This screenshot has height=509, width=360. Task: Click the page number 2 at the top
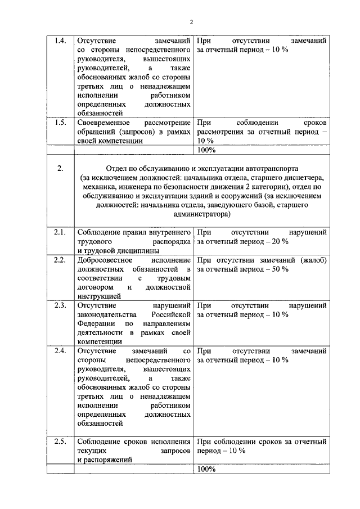191,22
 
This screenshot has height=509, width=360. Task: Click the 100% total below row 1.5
206,150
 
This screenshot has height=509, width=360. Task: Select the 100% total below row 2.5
206,469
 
